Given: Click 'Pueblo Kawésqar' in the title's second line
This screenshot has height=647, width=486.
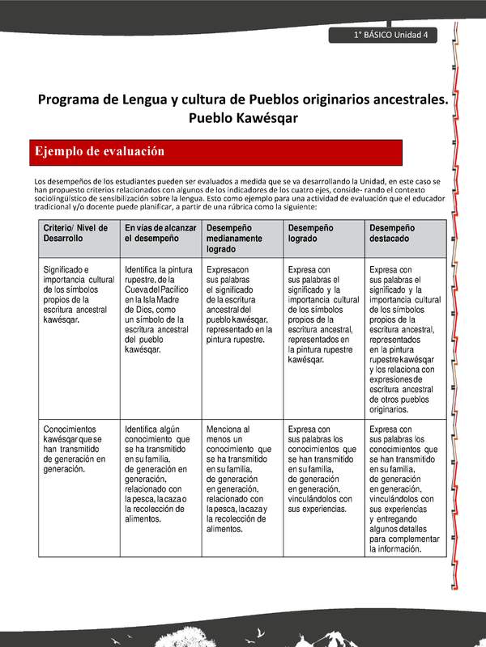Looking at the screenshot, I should click(x=242, y=117).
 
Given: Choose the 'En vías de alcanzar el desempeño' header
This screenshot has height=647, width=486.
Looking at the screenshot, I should click(x=160, y=234).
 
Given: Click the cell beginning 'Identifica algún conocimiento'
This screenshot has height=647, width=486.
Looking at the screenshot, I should click(x=159, y=473).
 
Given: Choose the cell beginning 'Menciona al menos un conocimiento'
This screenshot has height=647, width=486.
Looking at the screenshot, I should click(x=239, y=478).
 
